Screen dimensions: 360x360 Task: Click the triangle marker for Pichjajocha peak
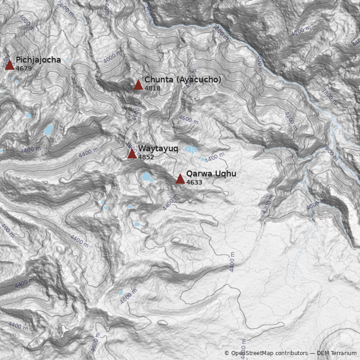[9, 65]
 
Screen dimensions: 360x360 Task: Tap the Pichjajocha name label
[38, 60]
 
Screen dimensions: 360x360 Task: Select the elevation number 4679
[23, 68]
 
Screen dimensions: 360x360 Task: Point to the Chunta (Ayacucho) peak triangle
[138, 85]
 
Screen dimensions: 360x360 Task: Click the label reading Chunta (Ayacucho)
[183, 80]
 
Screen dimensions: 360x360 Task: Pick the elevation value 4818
[152, 88]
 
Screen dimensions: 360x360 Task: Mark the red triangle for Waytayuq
[132, 154]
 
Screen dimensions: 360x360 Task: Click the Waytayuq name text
[158, 148]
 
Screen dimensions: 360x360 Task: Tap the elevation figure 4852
[146, 157]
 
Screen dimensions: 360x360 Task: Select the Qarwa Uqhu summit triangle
[180, 179]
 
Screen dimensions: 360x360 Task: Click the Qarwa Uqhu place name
[211, 174]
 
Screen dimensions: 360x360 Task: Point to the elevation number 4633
[194, 182]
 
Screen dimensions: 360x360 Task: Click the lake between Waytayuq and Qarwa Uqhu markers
[147, 177]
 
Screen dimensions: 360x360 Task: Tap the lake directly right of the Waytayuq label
[190, 149]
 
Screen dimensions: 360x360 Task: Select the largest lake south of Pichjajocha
[48, 130]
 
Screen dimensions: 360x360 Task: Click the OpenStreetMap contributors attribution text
[265, 353]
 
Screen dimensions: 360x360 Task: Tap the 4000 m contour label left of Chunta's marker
[112, 57]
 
